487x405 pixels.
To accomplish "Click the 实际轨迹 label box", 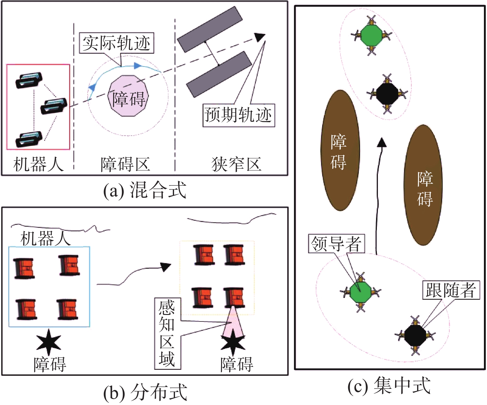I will coord(116,43).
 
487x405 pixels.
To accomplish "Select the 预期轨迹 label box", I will coord(238,115).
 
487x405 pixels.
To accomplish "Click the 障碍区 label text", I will coord(125,164).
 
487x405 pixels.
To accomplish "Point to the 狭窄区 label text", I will coord(236,164).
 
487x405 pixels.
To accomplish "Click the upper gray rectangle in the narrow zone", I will coord(210,29).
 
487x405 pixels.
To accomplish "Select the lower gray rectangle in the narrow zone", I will coord(219,75).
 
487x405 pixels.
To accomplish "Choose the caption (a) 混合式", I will coord(145,190).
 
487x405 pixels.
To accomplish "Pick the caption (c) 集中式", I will coord(389,386).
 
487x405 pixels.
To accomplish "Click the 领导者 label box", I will coord(336,244).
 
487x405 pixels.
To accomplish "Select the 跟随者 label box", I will coord(451,290).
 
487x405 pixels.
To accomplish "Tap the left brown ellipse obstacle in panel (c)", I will coord(340,150).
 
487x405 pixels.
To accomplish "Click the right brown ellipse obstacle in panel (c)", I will coord(423,185).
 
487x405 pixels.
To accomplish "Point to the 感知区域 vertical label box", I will coord(167,333).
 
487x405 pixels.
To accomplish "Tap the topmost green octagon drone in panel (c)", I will coord(371,35).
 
